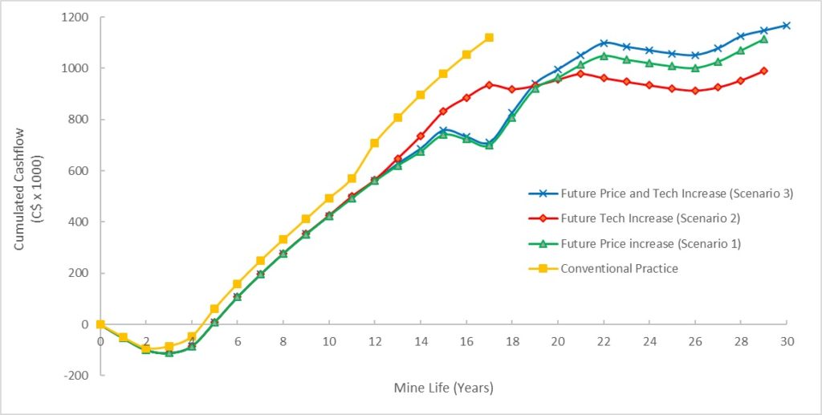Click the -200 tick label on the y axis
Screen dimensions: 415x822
77,375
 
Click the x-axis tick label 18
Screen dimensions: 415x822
512,340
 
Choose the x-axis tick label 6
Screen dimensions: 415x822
238,340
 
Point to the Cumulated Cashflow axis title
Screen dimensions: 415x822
26,196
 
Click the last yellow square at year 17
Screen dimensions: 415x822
489,38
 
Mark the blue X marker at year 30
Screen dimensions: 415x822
786,26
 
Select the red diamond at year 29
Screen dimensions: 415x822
763,71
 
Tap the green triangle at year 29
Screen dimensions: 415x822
763,39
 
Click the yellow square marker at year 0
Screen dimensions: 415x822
100,324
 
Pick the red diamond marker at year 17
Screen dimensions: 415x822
489,84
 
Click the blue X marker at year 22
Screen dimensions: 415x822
604,43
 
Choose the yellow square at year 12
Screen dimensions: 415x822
375,143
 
